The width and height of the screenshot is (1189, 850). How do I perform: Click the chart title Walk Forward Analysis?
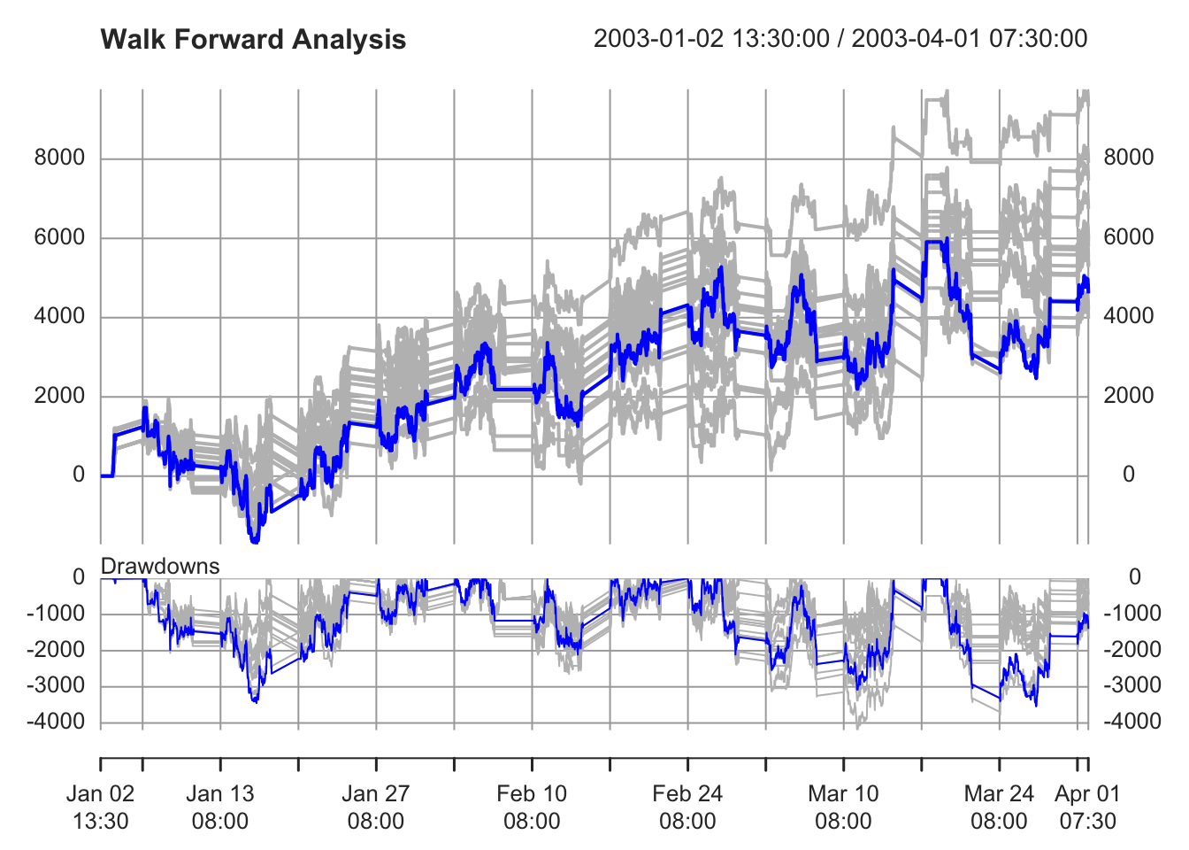(x=253, y=40)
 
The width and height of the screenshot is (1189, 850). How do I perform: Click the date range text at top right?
(x=840, y=39)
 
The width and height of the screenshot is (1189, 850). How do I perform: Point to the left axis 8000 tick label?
(x=59, y=158)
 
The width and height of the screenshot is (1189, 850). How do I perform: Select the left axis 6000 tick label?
(x=59, y=237)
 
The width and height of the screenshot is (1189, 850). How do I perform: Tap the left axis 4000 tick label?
(x=59, y=316)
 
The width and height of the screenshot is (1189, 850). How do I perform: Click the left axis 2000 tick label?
(x=59, y=396)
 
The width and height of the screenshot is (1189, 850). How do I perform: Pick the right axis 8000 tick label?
(x=1129, y=158)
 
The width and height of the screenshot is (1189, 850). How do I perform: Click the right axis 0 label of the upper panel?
(x=1129, y=475)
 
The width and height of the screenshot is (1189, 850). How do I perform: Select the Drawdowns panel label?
(x=160, y=566)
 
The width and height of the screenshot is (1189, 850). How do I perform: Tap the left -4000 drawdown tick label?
(x=56, y=722)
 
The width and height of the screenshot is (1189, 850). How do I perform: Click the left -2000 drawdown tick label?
(x=56, y=649)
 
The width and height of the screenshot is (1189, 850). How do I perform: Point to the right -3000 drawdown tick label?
(x=1133, y=685)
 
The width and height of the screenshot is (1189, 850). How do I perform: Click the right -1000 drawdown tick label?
(x=1133, y=613)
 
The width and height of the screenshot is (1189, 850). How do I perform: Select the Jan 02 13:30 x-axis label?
(x=100, y=807)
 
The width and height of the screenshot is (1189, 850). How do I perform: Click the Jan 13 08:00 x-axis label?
(x=220, y=807)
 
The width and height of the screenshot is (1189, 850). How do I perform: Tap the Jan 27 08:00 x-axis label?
(x=376, y=807)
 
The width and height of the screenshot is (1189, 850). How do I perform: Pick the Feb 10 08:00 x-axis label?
(x=532, y=807)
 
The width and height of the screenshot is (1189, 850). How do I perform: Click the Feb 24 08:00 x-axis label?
(x=687, y=807)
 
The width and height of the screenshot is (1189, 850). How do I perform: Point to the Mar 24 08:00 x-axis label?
(x=999, y=807)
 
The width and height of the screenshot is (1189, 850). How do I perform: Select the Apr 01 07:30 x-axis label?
(x=1087, y=807)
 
